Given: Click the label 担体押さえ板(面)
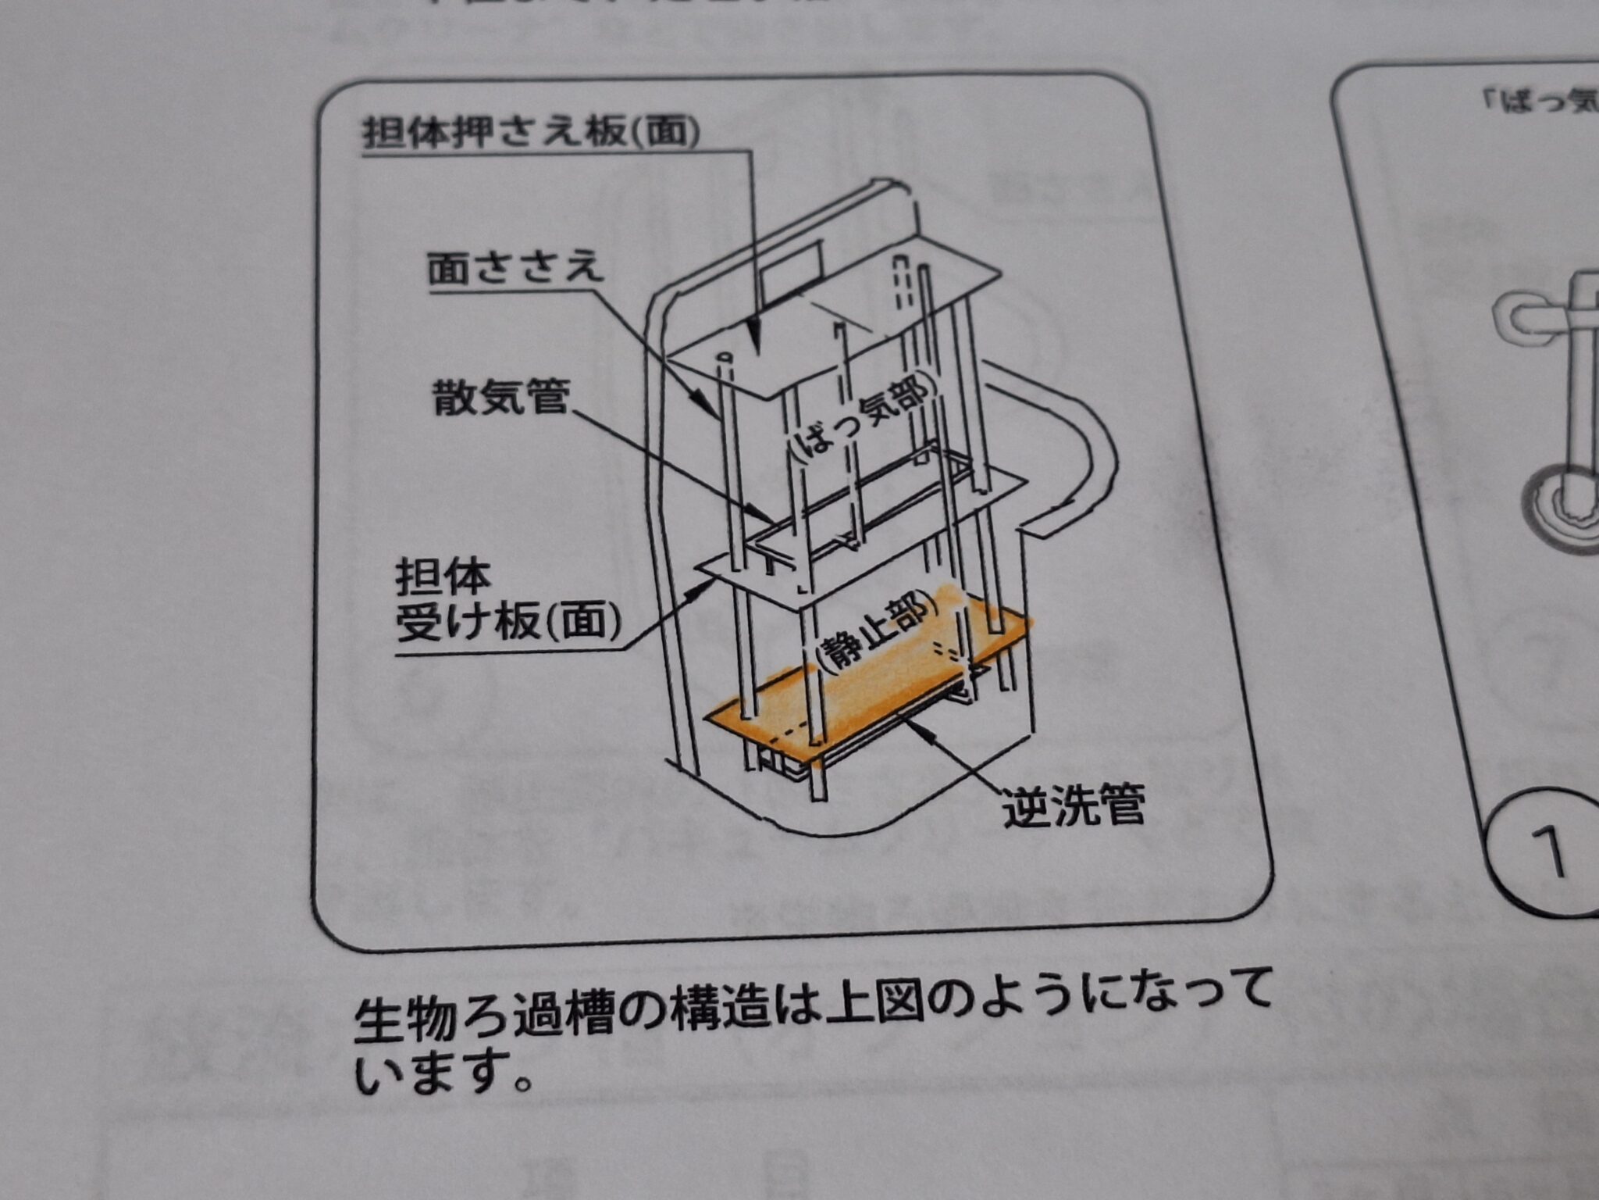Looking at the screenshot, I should tap(530, 133).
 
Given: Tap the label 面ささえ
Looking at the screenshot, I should tap(515, 268).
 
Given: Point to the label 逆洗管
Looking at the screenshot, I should tap(1074, 805).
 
